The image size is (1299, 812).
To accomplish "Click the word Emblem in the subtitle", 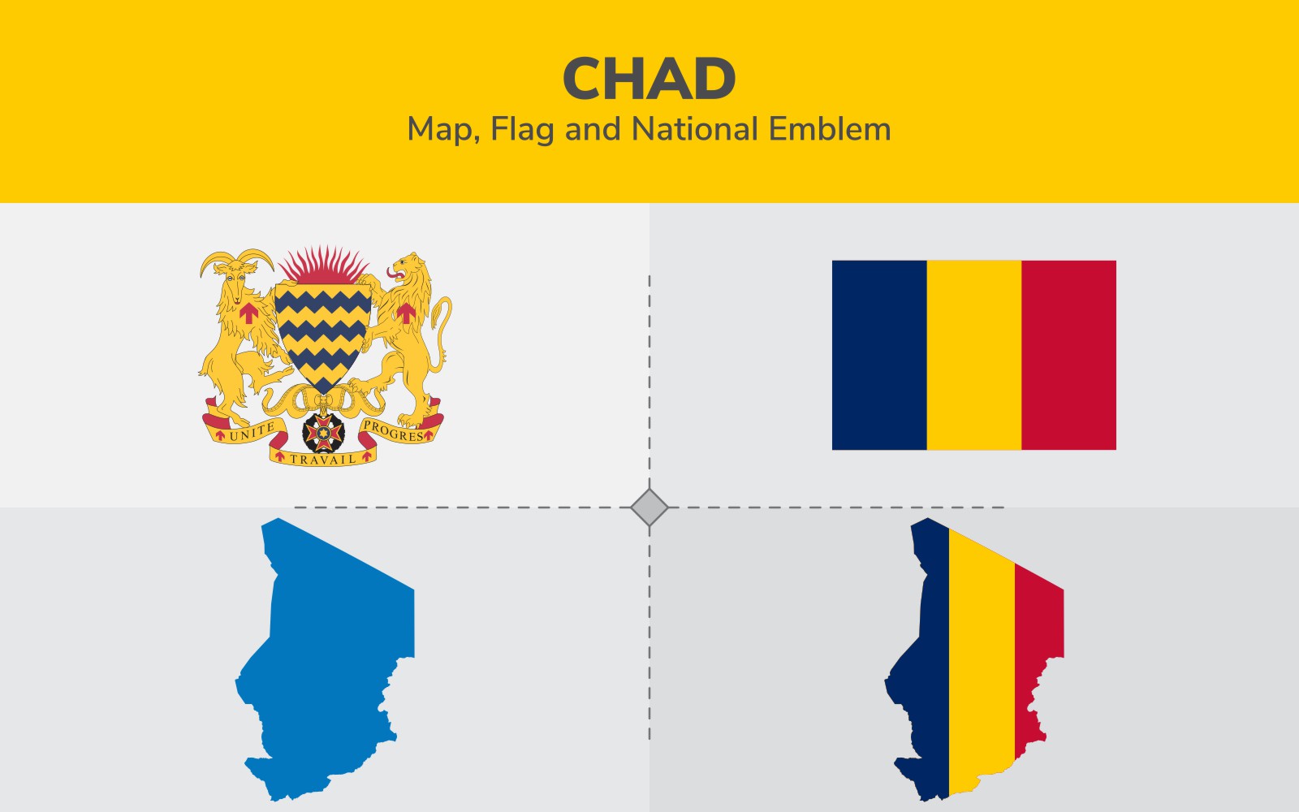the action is (830, 129).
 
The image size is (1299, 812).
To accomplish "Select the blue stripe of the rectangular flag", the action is (879, 355).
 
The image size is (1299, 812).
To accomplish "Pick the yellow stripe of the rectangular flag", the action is (974, 355).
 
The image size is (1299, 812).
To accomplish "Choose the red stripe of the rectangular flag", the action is (1068, 355).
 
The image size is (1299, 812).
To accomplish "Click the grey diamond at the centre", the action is (649, 508).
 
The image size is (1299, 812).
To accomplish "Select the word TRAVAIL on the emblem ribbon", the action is (322, 460).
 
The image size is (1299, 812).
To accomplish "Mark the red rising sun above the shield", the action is (323, 266).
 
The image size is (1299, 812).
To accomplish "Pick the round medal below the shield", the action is (323, 433).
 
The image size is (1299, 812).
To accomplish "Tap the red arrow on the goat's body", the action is (248, 313).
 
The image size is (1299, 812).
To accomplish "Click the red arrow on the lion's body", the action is (406, 313).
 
